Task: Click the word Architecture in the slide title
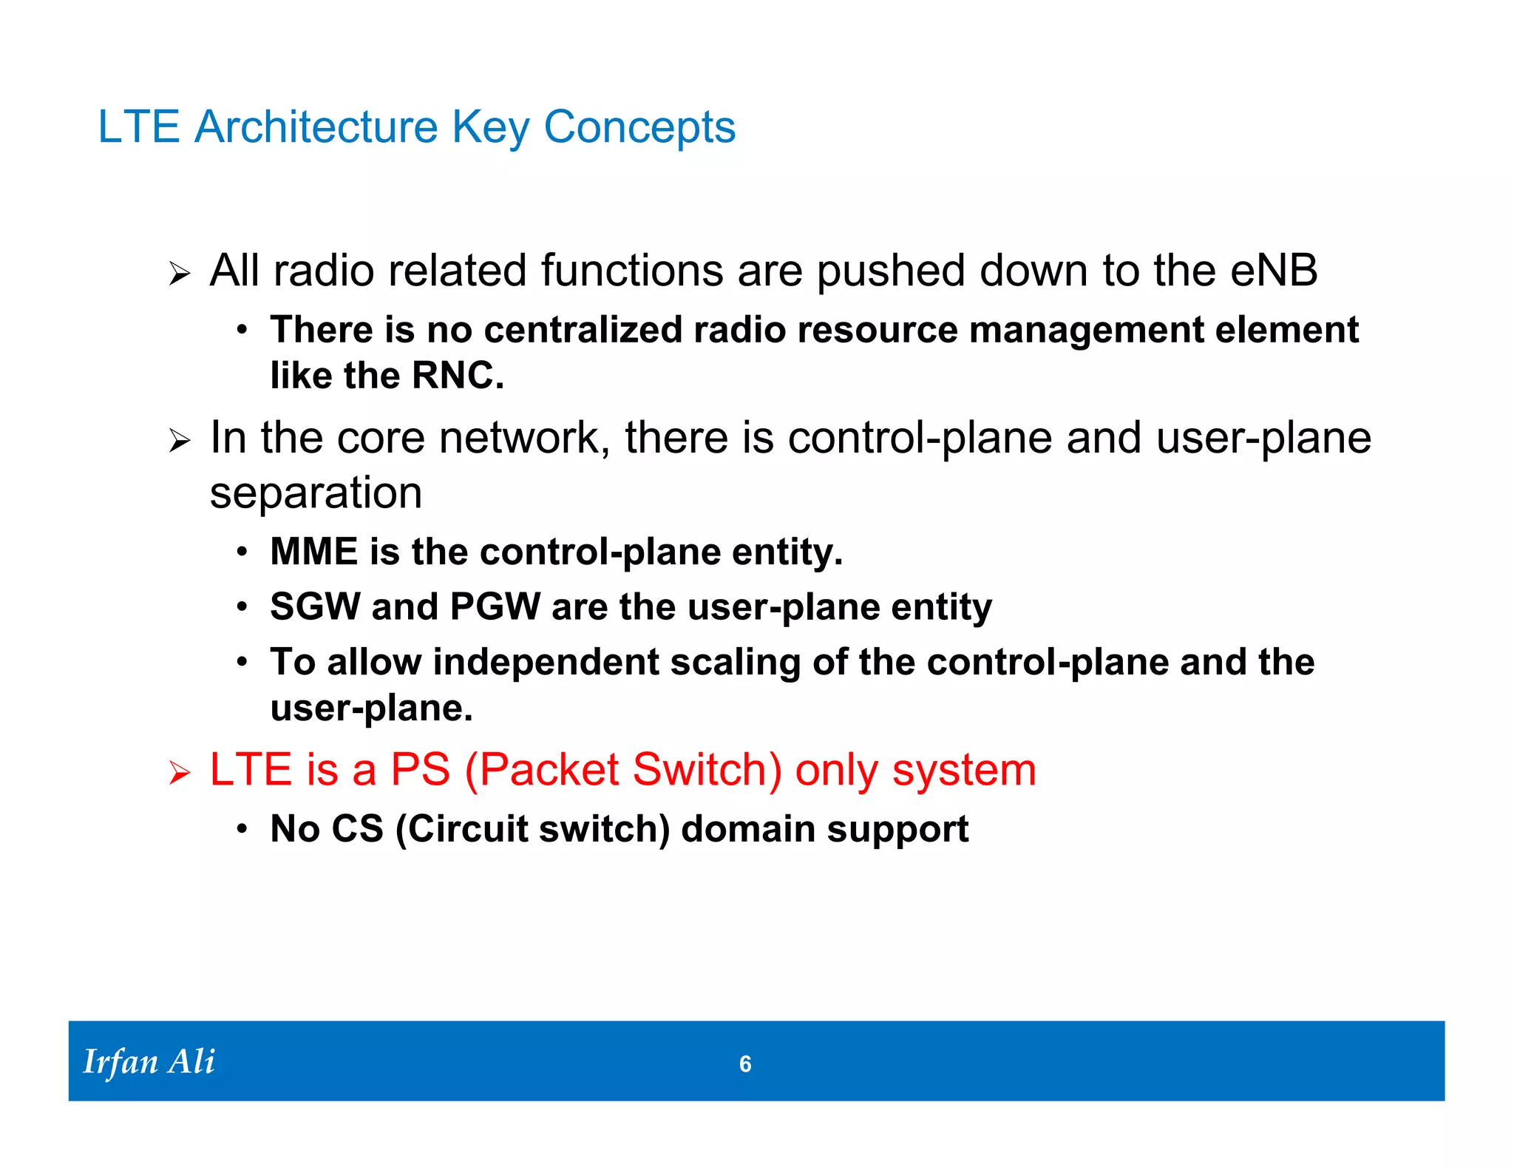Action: click(x=316, y=127)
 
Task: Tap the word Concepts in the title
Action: click(x=639, y=127)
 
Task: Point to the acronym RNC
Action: click(x=456, y=376)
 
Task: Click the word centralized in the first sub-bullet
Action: click(x=582, y=330)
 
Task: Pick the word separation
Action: click(x=316, y=494)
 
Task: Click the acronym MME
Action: click(x=313, y=552)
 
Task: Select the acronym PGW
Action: click(x=495, y=607)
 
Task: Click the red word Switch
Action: click(x=702, y=770)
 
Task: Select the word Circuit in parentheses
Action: click(x=467, y=829)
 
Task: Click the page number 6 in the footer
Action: click(x=745, y=1064)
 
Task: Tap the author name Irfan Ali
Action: click(x=149, y=1062)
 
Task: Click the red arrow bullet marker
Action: click(x=179, y=774)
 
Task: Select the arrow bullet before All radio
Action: click(x=179, y=274)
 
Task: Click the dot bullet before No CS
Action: click(x=242, y=829)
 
